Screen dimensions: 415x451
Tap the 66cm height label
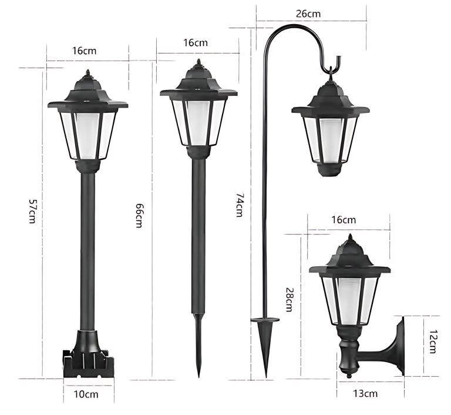tap(139, 215)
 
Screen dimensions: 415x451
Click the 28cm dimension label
tap(289, 300)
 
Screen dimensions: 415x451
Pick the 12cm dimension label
tap(432, 341)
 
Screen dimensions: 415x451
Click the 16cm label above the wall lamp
tap(344, 220)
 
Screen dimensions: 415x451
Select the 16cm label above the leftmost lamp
tap(85, 51)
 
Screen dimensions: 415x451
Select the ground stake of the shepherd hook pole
tap(265, 341)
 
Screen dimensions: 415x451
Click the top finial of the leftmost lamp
tap(88, 73)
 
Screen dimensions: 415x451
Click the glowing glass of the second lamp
tap(198, 121)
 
